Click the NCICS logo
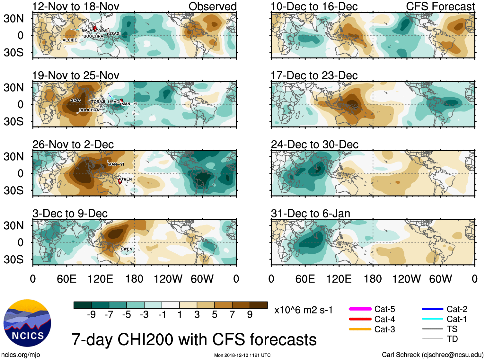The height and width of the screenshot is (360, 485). coord(27,323)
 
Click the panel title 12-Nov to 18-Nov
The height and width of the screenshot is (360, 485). coord(76,6)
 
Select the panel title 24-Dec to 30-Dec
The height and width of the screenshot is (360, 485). coord(314,145)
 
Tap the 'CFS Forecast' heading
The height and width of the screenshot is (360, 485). coord(440,6)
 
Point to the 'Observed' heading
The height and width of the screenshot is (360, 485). coord(212,6)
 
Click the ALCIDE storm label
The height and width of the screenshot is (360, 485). coord(70,40)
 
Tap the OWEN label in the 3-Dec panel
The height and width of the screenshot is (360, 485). coord(127,249)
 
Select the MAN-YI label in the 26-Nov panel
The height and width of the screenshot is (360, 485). coord(116,164)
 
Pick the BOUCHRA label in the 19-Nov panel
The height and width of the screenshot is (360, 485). coord(89,110)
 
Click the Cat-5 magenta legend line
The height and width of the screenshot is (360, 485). coord(360,309)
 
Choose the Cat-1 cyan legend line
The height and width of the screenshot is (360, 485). coord(432,319)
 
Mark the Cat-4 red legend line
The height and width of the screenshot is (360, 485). coord(360,319)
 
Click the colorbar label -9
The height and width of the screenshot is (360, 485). coord(92,315)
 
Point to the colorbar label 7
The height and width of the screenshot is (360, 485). coord(232,315)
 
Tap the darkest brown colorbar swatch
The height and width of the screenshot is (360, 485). coord(259,305)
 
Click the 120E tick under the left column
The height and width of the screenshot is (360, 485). coord(101,279)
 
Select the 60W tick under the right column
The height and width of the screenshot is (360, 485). coord(440,279)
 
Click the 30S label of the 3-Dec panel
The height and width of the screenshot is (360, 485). coord(13,259)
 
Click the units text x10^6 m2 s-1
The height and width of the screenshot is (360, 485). coord(303,310)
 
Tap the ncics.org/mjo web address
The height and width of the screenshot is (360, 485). coord(21,355)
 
